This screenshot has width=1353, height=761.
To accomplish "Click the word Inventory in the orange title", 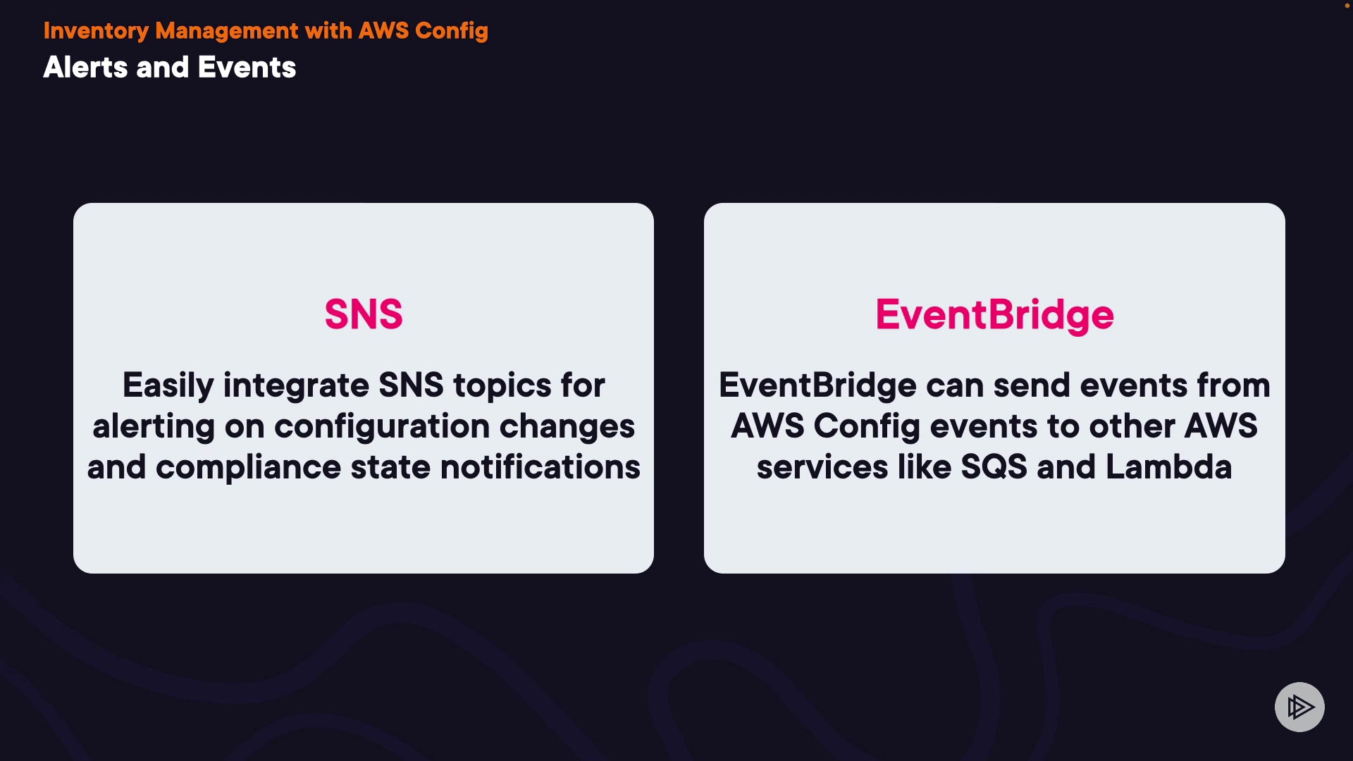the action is coord(96,31).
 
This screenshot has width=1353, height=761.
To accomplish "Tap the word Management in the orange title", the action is coord(227,31).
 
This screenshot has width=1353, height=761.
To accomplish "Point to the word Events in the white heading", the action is coord(247,68).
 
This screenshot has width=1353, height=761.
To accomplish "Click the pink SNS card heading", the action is coord(364,314).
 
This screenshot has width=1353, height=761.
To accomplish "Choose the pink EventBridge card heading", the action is coord(994,315).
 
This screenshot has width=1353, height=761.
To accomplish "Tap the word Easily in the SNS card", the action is coord(168,386).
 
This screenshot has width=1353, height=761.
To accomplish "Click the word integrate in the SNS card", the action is coord(296,386).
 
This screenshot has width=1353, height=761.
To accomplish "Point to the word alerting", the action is coord(154,427).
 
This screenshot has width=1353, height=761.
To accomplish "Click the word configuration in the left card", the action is coord(382,427).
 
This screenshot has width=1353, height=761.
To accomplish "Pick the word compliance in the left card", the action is coord(249,467).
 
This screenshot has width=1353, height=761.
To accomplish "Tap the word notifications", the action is coord(540,467).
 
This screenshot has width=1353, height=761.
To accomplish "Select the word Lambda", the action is coord(1169,467).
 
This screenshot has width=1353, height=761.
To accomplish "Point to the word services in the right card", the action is coord(822,467).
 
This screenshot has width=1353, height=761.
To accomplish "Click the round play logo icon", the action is coord(1299,707).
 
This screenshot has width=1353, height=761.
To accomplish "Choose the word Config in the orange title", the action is coord(452,31).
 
